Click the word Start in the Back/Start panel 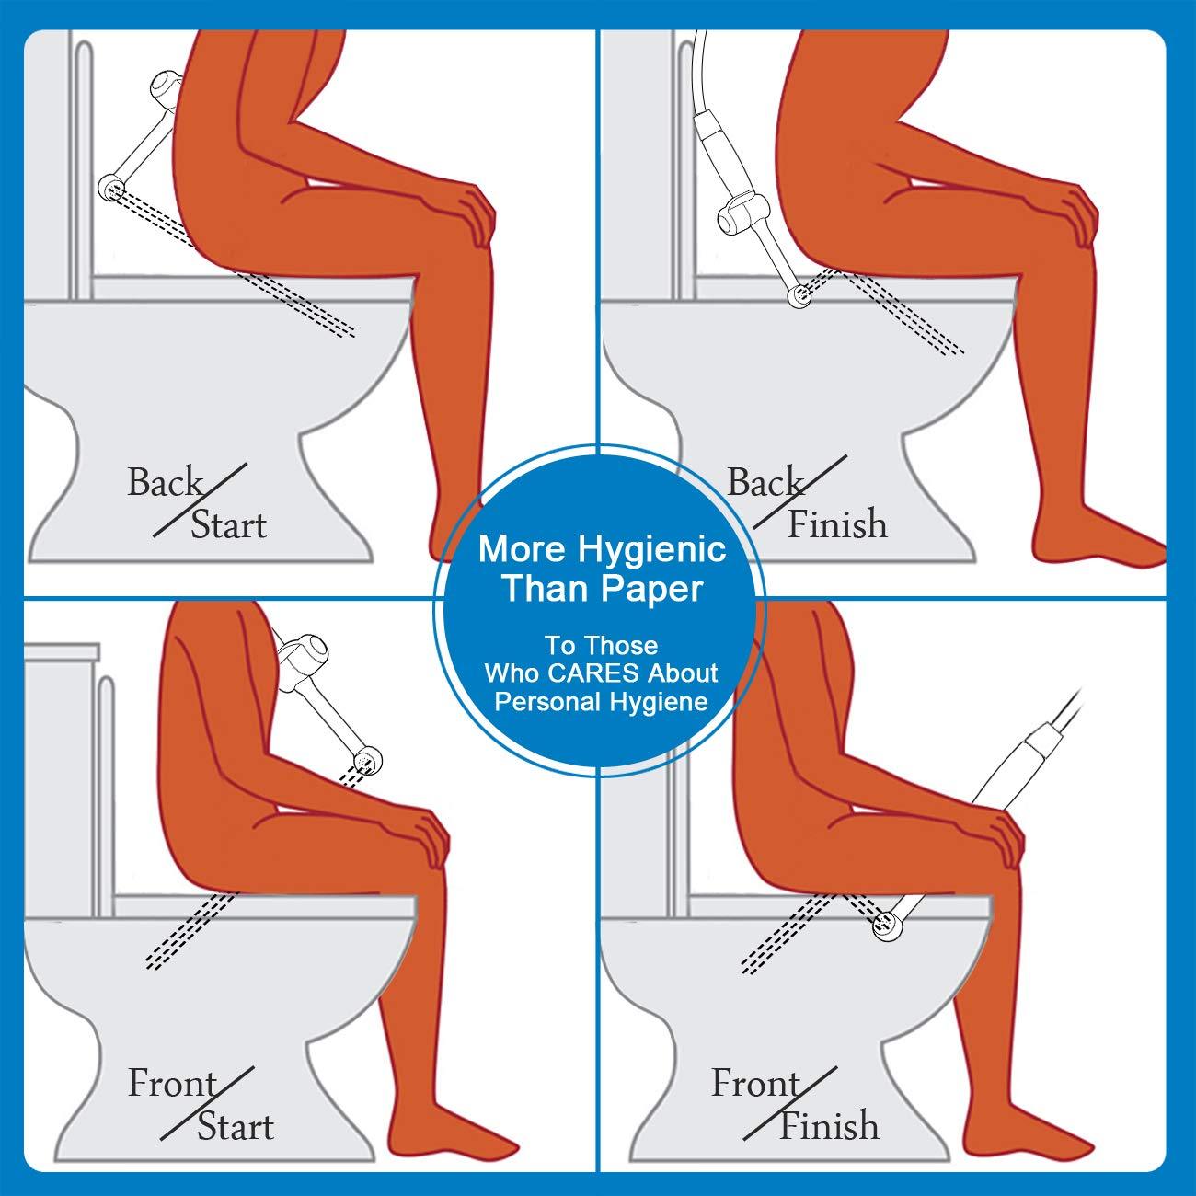228,525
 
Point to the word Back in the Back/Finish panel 765,482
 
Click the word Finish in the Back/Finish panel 837,524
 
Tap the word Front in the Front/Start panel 171,1084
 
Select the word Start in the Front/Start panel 235,1126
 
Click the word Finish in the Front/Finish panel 828,1125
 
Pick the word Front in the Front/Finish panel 754,1084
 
